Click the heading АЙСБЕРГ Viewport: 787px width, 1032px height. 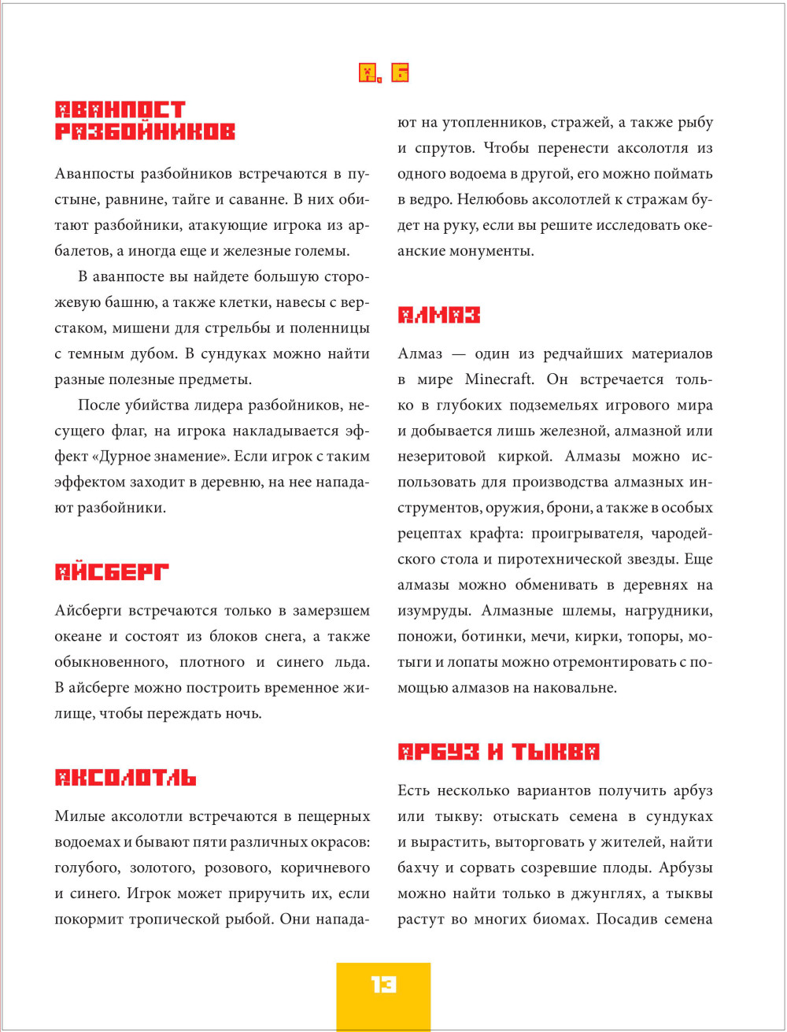click(x=112, y=572)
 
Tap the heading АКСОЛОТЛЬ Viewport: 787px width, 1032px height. click(x=125, y=778)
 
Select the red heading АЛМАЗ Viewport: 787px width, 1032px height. click(x=438, y=316)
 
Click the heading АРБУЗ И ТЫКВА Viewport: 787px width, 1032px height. click(x=498, y=752)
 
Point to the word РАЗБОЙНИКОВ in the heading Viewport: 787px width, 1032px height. click(x=145, y=131)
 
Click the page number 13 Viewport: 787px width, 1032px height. click(x=383, y=984)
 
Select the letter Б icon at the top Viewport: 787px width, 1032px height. click(x=399, y=73)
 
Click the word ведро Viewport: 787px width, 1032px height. click(x=425, y=200)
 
